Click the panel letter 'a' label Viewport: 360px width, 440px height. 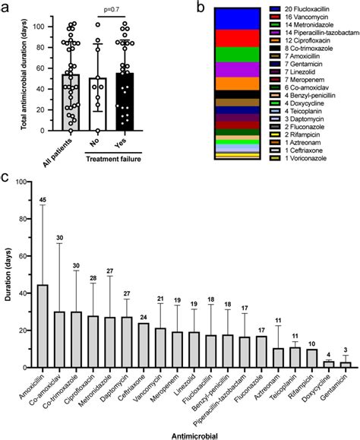(7, 9)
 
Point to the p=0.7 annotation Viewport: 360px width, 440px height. (112, 14)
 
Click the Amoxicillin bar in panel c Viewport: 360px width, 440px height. (43, 326)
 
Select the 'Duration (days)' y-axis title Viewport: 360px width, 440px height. (8, 275)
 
